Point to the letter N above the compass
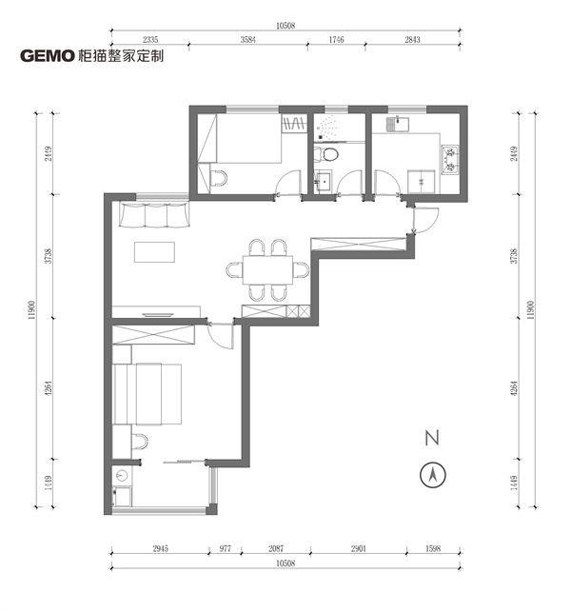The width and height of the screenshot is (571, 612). (432, 439)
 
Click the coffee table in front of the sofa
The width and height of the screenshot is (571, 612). (155, 252)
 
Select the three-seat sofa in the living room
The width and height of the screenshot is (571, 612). (152, 216)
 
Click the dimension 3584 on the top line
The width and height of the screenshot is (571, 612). (250, 39)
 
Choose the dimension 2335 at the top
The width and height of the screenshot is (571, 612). (149, 39)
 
